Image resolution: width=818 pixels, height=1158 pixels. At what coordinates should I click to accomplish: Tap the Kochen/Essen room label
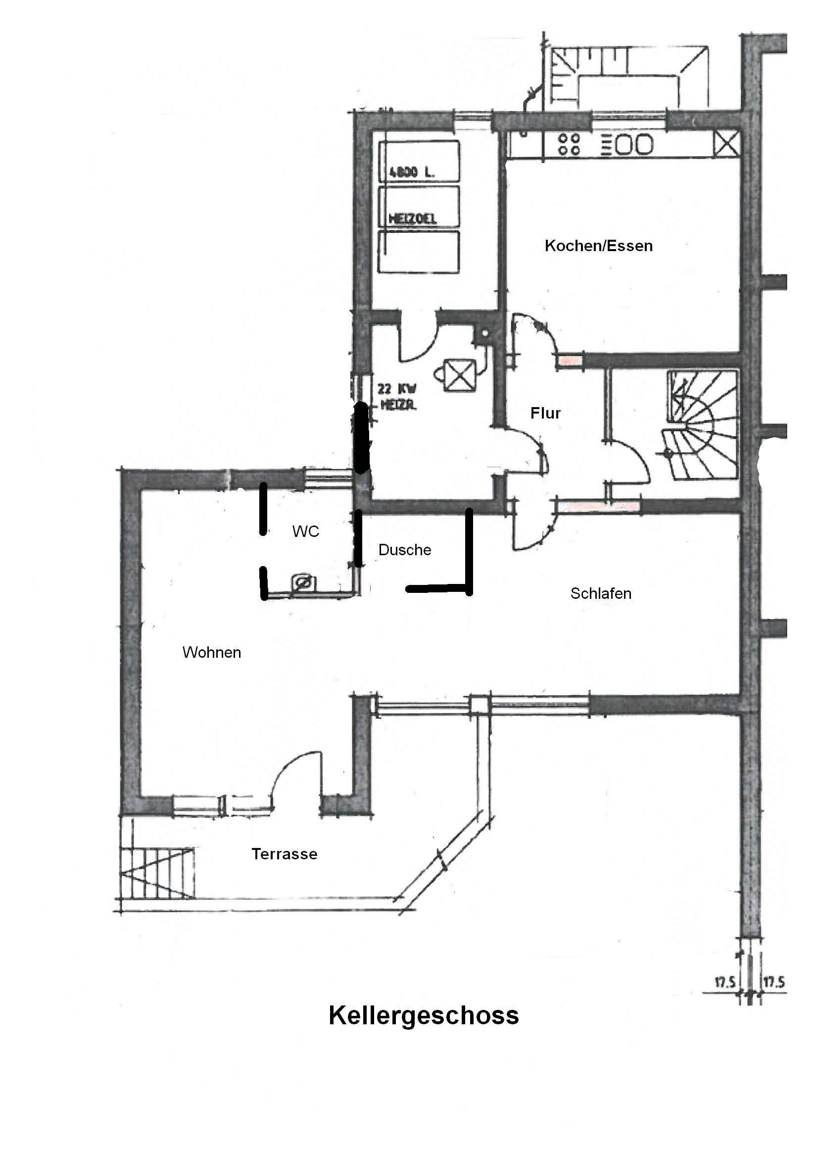(x=598, y=246)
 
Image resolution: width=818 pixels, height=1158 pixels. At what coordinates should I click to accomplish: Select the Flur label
(x=545, y=413)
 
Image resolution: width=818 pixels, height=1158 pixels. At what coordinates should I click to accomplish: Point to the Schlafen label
(x=601, y=593)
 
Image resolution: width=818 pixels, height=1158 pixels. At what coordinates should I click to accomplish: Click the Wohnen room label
(x=212, y=652)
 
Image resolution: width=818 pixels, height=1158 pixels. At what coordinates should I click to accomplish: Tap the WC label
(x=306, y=531)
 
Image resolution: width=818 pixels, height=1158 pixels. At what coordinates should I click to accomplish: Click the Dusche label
(x=405, y=550)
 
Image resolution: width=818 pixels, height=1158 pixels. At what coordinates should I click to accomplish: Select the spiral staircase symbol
(x=703, y=424)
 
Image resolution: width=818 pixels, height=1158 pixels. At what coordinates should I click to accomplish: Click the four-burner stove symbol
(x=569, y=144)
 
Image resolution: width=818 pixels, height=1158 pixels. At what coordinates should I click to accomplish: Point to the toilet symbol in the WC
(x=304, y=583)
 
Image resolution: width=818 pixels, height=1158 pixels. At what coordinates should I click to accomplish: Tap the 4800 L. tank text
(x=412, y=172)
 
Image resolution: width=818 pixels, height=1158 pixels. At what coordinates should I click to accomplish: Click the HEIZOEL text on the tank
(x=412, y=218)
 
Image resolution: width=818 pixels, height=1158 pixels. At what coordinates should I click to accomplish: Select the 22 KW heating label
(x=397, y=396)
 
